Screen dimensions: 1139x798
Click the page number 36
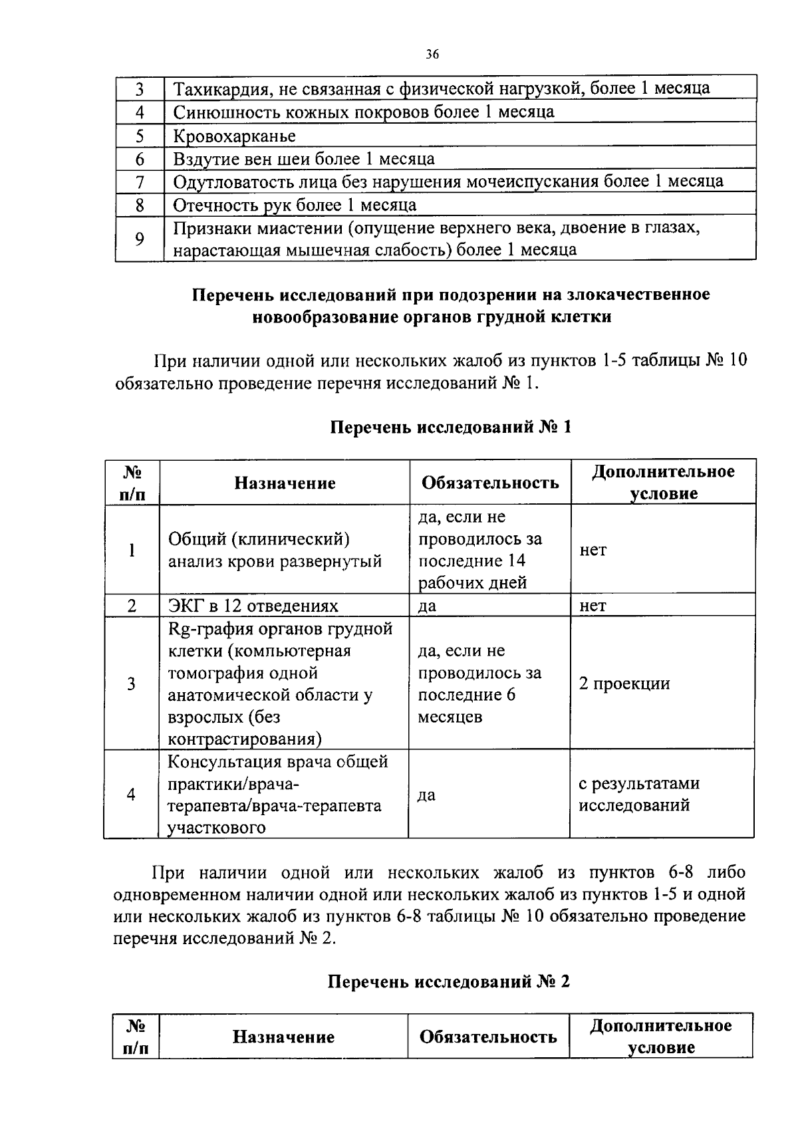432,55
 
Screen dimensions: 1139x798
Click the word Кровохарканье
234,136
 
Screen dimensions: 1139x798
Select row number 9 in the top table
140,239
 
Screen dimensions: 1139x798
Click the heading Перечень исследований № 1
450,427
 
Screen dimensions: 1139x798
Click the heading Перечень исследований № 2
449,981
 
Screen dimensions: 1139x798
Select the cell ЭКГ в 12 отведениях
253,606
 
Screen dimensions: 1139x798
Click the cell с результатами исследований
638,795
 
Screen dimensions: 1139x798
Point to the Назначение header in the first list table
285,483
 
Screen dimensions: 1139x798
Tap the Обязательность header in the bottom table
488,1037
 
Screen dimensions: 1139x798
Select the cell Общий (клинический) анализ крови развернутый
275,550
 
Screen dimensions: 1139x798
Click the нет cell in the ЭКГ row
593,606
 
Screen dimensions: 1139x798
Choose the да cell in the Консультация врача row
426,795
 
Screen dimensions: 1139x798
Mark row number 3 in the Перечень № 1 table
132,684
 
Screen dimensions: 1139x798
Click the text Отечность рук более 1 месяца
295,205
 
